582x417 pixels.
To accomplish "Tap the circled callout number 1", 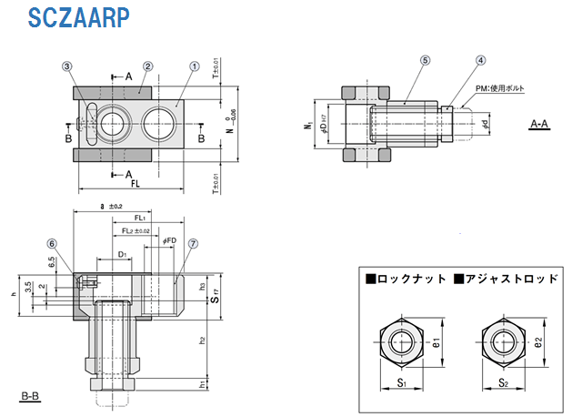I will point(194,66).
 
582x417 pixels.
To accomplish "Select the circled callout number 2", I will point(147,66).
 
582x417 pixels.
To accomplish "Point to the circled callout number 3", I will point(67,66).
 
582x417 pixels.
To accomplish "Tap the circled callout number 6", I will point(52,244).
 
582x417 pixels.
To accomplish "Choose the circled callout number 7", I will point(193,244).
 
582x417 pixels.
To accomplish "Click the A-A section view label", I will point(539,125).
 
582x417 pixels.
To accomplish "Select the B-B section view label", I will point(29,396).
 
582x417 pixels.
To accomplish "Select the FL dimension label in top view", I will point(135,183).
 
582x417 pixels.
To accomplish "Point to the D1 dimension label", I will point(122,254).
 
